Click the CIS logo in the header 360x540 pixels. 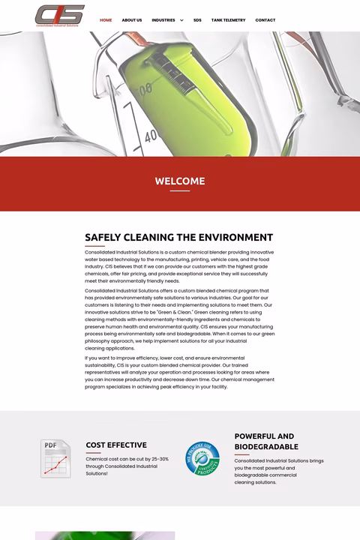click(x=59, y=16)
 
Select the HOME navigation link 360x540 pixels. click(x=106, y=20)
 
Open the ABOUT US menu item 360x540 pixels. click(x=132, y=20)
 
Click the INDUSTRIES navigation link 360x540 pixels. click(x=163, y=20)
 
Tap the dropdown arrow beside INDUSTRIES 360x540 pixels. click(x=181, y=20)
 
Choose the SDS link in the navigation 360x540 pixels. click(x=197, y=20)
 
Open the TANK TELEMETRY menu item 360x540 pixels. click(x=228, y=20)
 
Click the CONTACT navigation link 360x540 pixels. click(x=265, y=20)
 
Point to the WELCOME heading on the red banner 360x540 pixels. click(x=180, y=181)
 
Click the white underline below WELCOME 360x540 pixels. click(x=180, y=191)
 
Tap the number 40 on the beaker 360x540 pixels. click(x=151, y=135)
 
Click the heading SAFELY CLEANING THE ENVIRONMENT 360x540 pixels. click(x=178, y=238)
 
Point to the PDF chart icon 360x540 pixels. click(x=55, y=458)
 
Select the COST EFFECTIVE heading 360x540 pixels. click(x=116, y=445)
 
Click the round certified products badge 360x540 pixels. click(x=202, y=458)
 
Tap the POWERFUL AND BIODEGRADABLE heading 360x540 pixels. click(x=265, y=441)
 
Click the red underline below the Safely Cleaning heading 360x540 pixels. click(x=94, y=246)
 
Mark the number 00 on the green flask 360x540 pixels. click(x=145, y=88)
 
